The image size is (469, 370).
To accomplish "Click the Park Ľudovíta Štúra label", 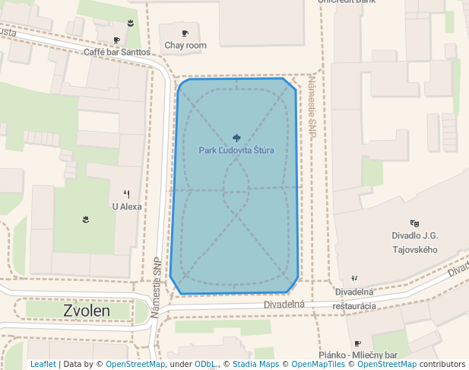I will (x=236, y=151).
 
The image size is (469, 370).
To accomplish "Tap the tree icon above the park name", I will (x=236, y=138).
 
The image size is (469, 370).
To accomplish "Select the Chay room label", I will (x=185, y=46).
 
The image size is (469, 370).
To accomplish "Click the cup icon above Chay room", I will (x=185, y=33).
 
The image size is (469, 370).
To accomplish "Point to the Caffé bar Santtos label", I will (x=116, y=53).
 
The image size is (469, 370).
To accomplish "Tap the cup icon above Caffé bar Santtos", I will (x=116, y=40).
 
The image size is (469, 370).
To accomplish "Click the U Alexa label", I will (x=127, y=206).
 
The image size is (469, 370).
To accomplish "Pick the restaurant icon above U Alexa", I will (x=126, y=194).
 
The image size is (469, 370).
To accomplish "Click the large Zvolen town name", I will (x=87, y=311).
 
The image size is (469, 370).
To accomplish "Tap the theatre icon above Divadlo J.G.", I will (x=414, y=223).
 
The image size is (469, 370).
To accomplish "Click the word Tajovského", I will (x=414, y=250).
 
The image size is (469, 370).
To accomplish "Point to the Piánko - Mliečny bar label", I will (x=358, y=356).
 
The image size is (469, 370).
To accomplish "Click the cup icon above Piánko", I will (x=357, y=344).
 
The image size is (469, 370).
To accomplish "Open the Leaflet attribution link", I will (x=43, y=365).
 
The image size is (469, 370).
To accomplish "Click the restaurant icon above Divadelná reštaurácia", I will (x=353, y=279).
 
